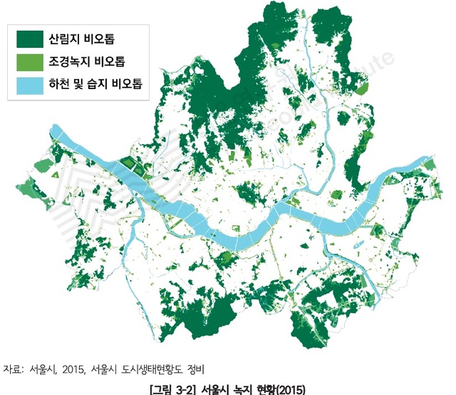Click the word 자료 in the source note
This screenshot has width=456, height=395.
[x=13, y=369]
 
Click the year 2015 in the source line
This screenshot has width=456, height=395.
[x=72, y=369]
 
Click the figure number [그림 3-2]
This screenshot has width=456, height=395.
[x=172, y=389]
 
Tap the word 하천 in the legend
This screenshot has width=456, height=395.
[x=58, y=84]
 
